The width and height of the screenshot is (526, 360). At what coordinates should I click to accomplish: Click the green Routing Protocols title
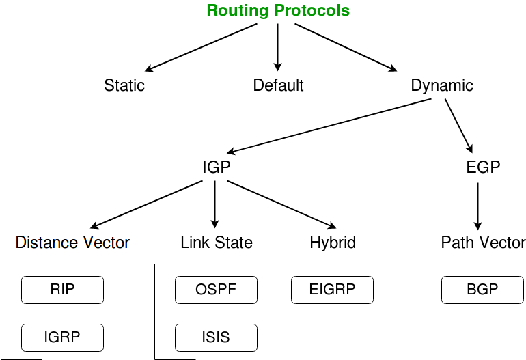click(x=278, y=10)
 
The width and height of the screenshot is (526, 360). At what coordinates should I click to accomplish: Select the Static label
click(x=124, y=85)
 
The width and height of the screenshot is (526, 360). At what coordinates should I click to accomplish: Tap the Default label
click(x=278, y=85)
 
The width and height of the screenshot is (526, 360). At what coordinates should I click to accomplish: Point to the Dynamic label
click(x=442, y=86)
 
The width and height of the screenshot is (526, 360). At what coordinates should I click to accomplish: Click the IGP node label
click(x=217, y=167)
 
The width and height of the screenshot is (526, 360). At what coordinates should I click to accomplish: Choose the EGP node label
click(x=483, y=167)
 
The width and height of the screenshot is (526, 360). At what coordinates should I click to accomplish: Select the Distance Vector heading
click(x=73, y=243)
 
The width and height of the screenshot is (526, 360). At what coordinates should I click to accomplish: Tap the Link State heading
click(x=217, y=243)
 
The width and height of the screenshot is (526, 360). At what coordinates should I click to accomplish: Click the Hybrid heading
click(x=333, y=243)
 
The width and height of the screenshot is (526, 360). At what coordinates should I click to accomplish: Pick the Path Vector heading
click(x=484, y=243)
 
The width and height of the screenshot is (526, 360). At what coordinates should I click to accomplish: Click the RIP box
click(x=62, y=290)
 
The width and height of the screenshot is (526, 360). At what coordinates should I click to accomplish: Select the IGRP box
click(x=62, y=338)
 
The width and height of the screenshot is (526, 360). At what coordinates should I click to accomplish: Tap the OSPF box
click(x=216, y=290)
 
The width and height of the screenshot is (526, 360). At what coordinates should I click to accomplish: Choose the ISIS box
click(x=216, y=338)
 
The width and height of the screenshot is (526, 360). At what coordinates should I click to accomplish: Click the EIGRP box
click(x=332, y=290)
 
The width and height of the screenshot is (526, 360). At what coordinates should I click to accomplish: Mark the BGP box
click(x=482, y=290)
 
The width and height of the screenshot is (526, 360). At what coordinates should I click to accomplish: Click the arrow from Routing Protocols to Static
click(x=201, y=47)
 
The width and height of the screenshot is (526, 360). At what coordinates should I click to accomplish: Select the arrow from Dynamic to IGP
click(x=329, y=126)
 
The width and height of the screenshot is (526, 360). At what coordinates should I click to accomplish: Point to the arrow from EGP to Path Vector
click(x=477, y=206)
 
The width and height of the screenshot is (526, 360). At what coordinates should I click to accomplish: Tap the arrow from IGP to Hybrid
click(x=281, y=205)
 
